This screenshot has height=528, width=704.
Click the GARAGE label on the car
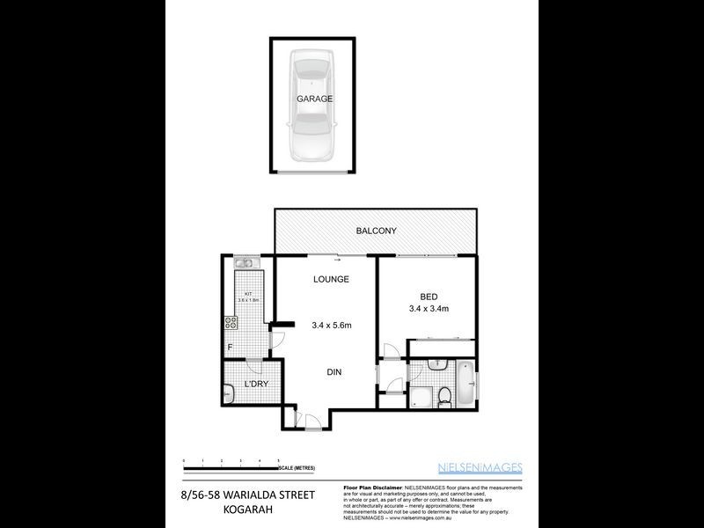(314, 99)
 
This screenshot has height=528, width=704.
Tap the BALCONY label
(376, 231)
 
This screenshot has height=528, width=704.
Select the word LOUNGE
(332, 279)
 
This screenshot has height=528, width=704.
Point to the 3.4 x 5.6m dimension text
(332, 326)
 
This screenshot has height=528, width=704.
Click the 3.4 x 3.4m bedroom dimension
(429, 309)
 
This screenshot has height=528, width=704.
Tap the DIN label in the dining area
(334, 372)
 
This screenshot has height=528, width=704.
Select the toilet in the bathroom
(446, 395)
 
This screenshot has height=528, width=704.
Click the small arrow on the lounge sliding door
(336, 260)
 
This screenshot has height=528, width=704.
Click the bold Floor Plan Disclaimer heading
(370, 487)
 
